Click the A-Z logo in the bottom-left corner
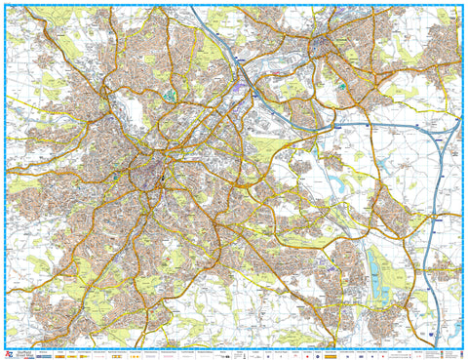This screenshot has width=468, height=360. pyautogui.click(x=10, y=354)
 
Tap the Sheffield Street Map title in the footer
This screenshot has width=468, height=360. pyautogui.click(x=26, y=354)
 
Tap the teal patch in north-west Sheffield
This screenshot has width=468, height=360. pyautogui.click(x=172, y=96)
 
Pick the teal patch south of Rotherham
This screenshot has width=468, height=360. pyautogui.click(x=342, y=85)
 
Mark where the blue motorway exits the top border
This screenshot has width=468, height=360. pyautogui.click(x=193, y=7)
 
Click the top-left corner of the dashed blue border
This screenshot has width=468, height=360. pyautogui.click(x=6, y=6)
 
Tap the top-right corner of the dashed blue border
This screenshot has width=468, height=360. pyautogui.click(x=462, y=6)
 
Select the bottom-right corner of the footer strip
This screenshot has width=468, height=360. pyautogui.click(x=462, y=356)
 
